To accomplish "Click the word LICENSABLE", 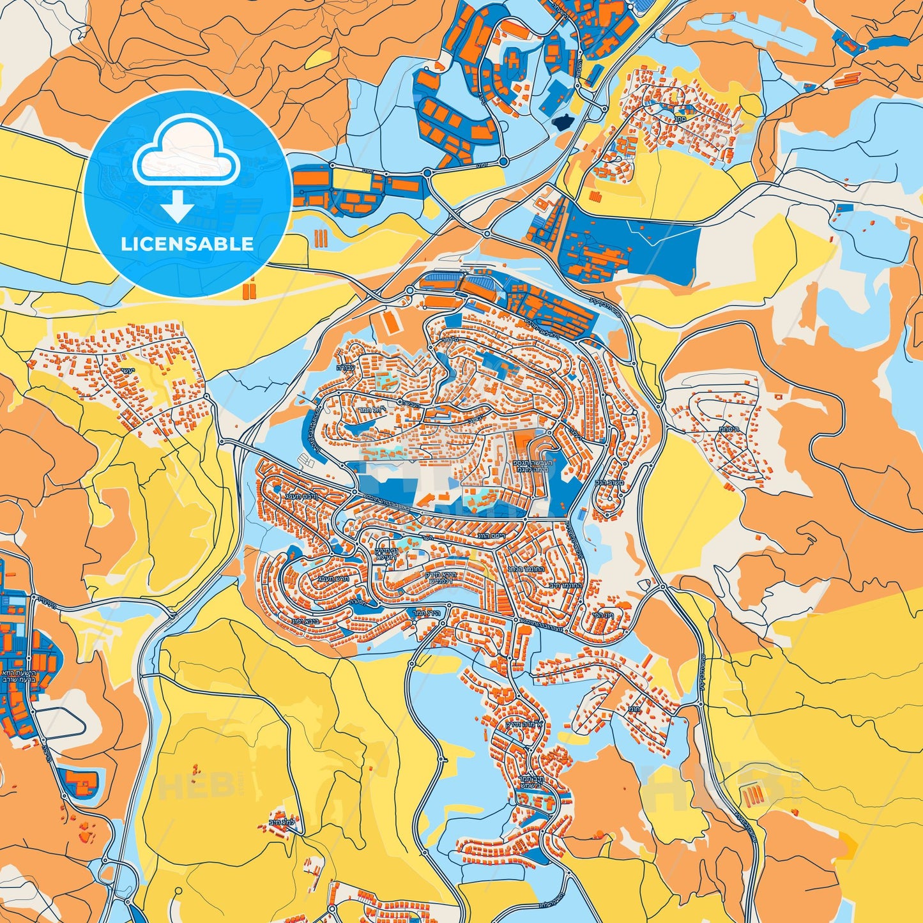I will (x=187, y=244).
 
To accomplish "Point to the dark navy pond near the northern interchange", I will (x=563, y=122).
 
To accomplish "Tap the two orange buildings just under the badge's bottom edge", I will (x=248, y=291).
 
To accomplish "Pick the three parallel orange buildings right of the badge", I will (x=320, y=238).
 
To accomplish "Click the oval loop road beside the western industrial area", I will (x=61, y=720).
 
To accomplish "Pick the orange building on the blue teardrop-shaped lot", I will (x=80, y=781).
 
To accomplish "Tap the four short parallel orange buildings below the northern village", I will (x=595, y=195).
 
